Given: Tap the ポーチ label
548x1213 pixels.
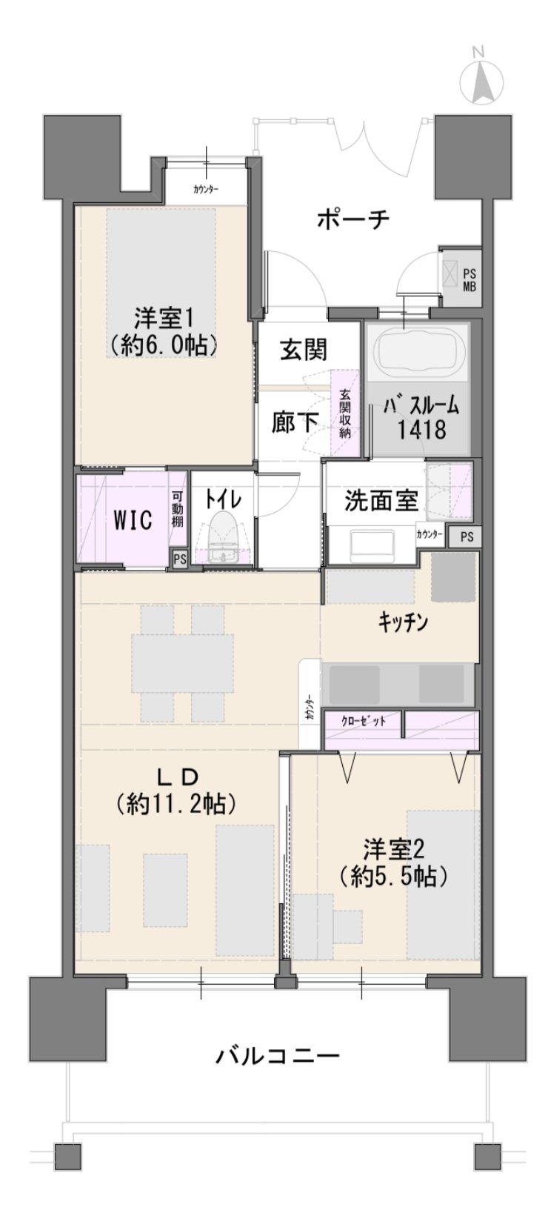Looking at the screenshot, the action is [352, 220].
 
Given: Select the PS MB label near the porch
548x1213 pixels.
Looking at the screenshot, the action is [470, 280].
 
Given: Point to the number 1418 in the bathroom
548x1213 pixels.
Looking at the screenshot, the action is [422, 430].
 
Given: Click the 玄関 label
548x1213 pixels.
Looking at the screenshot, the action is [304, 350].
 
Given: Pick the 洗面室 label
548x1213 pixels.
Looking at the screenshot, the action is [382, 501].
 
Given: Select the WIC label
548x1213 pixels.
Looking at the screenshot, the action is [133, 520].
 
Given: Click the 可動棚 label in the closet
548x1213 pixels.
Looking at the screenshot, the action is [178, 509].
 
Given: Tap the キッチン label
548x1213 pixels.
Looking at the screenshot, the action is [403, 622].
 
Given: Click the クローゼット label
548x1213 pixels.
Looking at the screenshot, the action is [364, 721].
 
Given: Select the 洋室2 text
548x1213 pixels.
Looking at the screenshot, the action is [393, 850].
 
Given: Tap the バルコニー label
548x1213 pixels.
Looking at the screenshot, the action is [278, 1055].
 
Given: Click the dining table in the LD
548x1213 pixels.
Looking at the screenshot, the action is [183, 663].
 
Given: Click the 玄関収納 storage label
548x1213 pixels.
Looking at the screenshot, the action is [344, 414].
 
